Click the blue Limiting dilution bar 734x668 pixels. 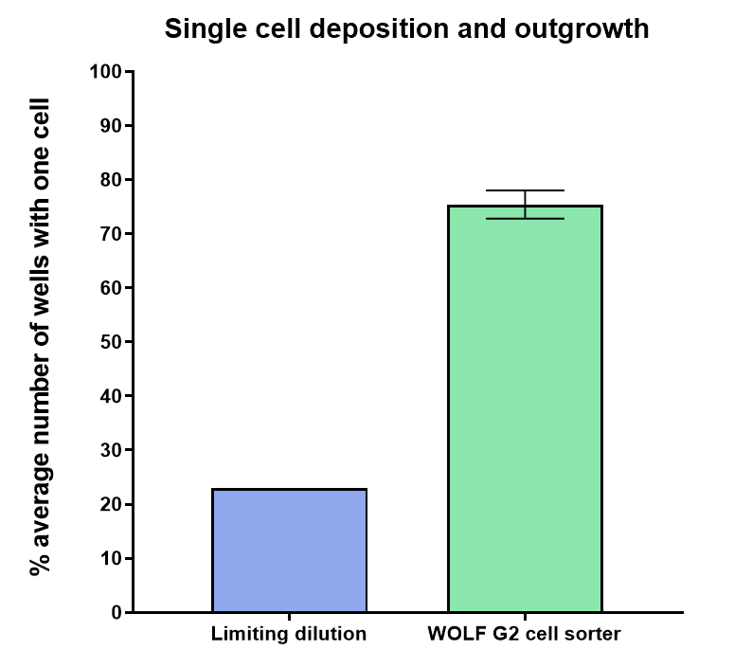coord(289,551)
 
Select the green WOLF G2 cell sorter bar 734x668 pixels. coord(525,408)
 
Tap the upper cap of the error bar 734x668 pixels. coord(525,190)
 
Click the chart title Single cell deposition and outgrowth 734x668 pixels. coord(406,29)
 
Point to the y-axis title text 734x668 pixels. coord(40,336)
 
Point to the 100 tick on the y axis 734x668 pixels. coord(105,72)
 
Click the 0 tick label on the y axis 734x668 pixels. coord(116,613)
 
